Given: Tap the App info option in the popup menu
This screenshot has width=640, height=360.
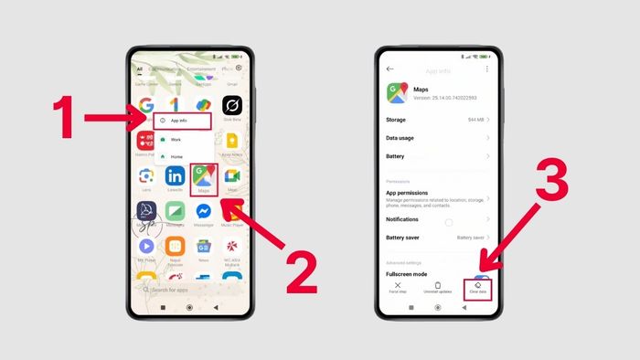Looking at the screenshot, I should click(x=182, y=121).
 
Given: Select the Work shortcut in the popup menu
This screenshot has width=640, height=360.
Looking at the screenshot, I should click(x=176, y=140).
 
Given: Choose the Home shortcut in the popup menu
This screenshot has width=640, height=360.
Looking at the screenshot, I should click(x=176, y=156).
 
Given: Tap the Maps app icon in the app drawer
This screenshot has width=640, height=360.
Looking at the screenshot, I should click(x=204, y=177).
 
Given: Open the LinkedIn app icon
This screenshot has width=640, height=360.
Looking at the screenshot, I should click(x=175, y=177).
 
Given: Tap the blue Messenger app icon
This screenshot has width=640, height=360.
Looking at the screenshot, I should click(x=204, y=212).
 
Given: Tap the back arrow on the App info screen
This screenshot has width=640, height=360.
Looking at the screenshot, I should click(x=390, y=69).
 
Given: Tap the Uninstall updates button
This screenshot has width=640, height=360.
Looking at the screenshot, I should click(x=438, y=288).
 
